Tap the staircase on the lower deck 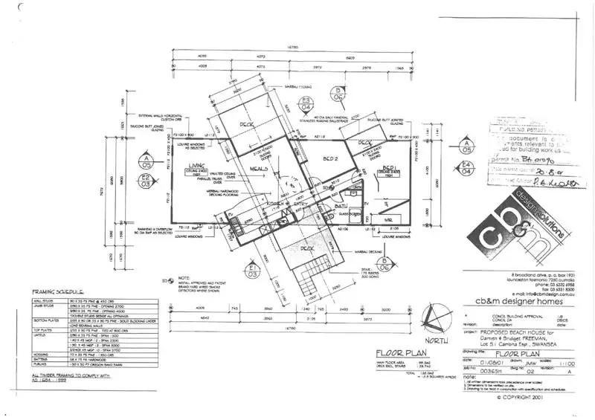pos(310,282)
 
